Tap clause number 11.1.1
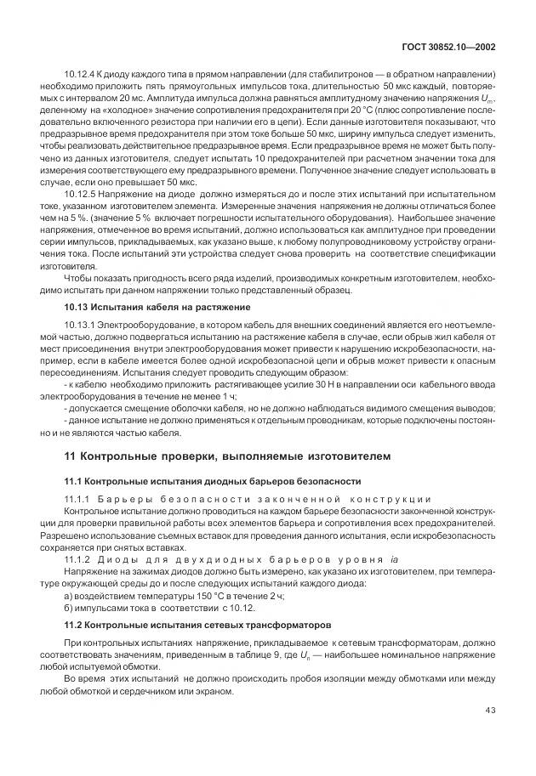coord(77,498)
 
